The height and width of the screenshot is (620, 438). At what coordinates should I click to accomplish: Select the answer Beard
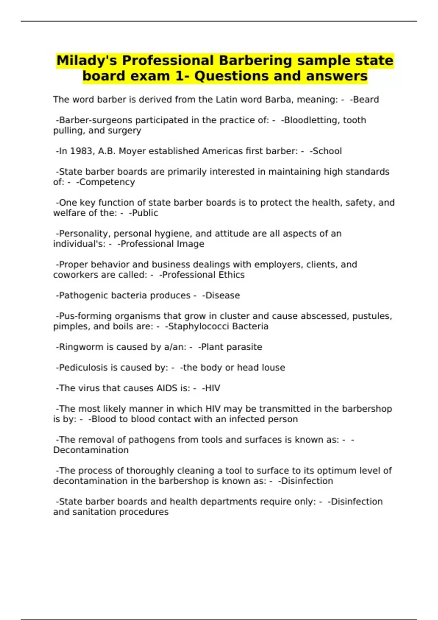(366, 100)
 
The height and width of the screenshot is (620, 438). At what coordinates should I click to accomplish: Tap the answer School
(327, 151)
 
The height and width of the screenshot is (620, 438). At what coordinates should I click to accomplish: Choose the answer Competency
(107, 182)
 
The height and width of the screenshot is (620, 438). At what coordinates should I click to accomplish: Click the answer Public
(145, 213)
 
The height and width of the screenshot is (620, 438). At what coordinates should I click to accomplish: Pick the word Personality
(84, 234)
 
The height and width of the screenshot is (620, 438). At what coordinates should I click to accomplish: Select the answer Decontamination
(91, 450)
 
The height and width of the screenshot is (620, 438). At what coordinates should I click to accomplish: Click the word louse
(273, 368)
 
